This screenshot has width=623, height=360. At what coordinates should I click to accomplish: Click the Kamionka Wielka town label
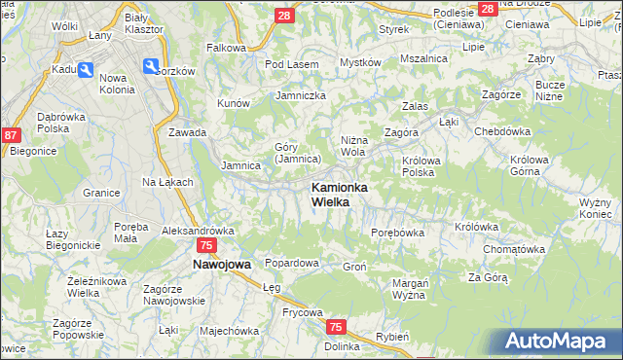337,194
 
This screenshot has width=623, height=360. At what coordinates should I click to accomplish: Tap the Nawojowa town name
222,264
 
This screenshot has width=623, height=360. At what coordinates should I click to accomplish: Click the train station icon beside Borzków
152,66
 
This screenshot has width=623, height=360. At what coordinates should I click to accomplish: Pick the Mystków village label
359,62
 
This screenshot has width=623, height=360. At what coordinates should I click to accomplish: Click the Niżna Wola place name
353,146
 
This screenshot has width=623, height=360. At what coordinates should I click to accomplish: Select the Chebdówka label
501,131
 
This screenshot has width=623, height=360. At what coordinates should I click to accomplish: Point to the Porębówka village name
398,233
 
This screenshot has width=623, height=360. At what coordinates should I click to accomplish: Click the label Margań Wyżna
410,288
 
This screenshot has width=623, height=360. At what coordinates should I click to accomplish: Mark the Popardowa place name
292,263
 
